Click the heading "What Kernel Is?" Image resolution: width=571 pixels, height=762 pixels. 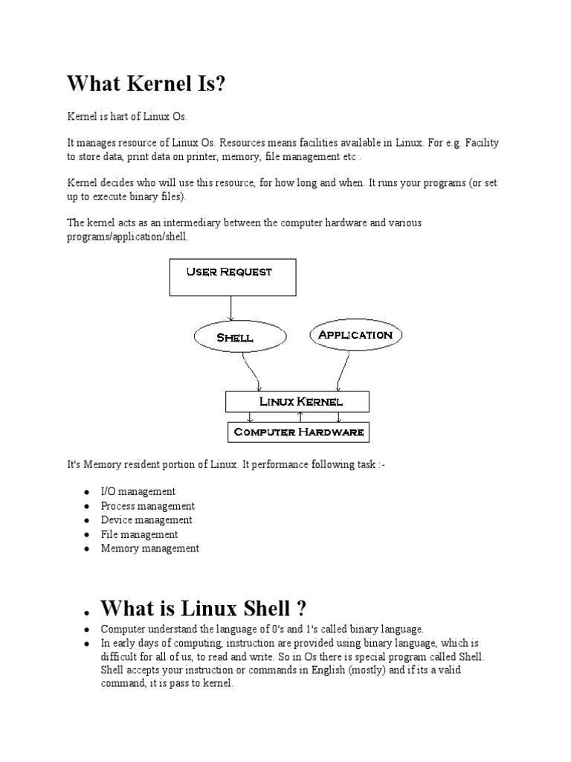[x=146, y=84]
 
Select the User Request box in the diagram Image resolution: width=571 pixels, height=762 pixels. [x=232, y=277]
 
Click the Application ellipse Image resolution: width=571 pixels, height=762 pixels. [x=355, y=335]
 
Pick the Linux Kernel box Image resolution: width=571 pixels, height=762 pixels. [x=300, y=401]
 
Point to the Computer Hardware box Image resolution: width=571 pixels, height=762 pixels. [x=299, y=432]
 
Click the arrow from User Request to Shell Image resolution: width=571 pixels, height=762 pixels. [x=232, y=309]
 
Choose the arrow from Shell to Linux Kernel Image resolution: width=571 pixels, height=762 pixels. [x=251, y=370]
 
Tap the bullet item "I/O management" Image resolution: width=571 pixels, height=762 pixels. [x=138, y=492]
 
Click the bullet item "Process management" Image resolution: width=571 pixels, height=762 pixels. [x=147, y=506]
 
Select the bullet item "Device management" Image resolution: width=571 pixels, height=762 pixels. [x=146, y=520]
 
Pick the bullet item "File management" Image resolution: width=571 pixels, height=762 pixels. [x=139, y=534]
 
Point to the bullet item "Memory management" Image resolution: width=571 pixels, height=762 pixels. [x=150, y=548]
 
